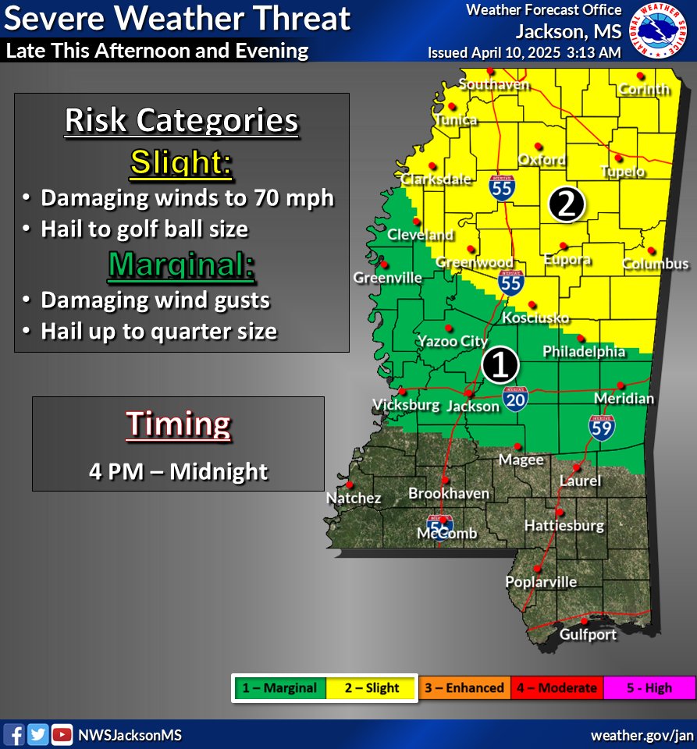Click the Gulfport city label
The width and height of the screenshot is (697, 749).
pos(588,634)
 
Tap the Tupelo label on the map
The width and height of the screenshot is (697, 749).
pos(622,172)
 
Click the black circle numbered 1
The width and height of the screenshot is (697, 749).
pos(500,364)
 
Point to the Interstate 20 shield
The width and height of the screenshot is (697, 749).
pos(515,397)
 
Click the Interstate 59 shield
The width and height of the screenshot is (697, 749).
pos(601,427)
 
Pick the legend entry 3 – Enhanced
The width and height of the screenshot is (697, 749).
pos(464,688)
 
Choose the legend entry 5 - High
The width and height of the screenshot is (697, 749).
pos(648,688)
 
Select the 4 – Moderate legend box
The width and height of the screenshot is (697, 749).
pos(557,688)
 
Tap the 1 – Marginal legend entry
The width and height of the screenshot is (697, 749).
pos(279,688)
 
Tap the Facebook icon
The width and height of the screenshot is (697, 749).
pos(14,734)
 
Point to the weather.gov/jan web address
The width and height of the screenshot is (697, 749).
pos(642,735)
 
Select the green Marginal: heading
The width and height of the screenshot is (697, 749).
pos(181,265)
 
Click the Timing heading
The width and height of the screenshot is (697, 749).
pos(179,424)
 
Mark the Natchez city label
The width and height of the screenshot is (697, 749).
pos(354,498)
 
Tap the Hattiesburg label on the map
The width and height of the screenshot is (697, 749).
pos(564,525)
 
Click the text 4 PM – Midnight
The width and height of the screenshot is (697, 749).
pos(179,471)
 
